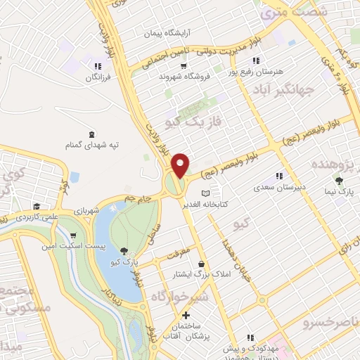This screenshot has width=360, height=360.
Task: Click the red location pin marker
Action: [x=181, y=165]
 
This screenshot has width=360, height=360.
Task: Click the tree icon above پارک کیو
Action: [x=124, y=250]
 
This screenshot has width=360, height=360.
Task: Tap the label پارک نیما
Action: [x=340, y=191]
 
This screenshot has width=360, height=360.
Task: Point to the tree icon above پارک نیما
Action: [x=340, y=181]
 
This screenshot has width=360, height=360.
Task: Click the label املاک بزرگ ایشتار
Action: [x=203, y=274]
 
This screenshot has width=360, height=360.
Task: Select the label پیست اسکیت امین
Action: [x=74, y=245]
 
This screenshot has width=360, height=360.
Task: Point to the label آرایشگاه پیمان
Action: [x=167, y=33]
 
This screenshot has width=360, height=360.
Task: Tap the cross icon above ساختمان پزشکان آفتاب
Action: [x=186, y=316]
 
